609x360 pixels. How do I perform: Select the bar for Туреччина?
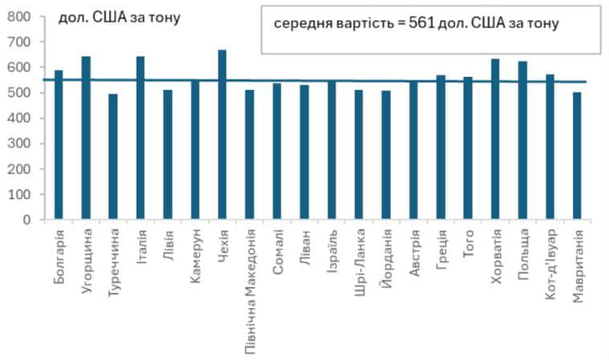point(113,156)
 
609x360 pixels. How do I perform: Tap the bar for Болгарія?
point(58,144)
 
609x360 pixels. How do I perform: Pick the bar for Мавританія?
point(577,156)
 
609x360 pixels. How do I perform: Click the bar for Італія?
point(140,137)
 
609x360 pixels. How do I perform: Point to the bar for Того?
point(468,148)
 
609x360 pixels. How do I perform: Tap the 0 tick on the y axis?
point(26,220)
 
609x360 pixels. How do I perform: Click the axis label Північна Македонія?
point(250,289)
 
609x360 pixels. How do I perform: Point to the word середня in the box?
point(298,23)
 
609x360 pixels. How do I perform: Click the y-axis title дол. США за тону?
point(119,17)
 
